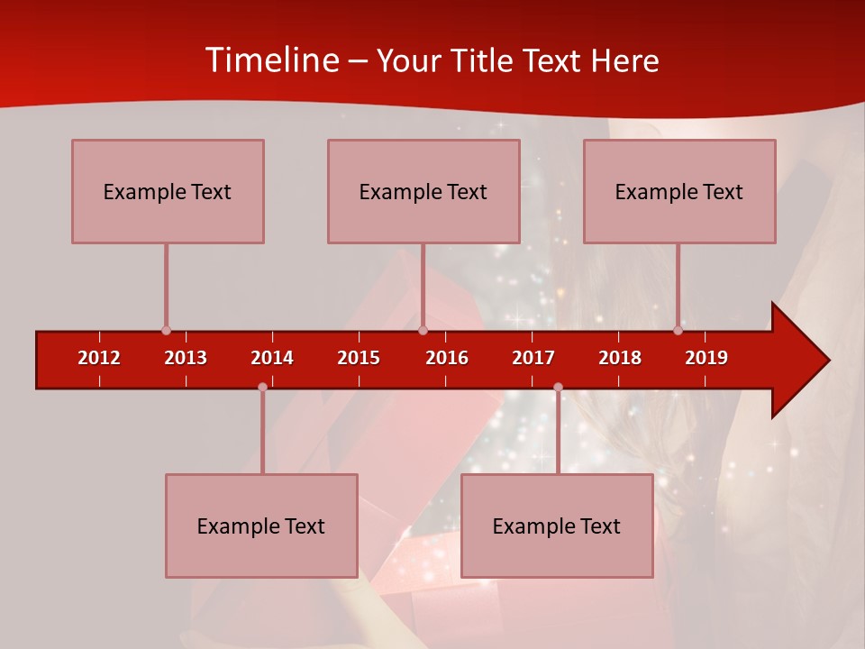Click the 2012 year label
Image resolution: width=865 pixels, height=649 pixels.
click(x=99, y=358)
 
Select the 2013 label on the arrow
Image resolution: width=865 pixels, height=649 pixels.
click(x=186, y=358)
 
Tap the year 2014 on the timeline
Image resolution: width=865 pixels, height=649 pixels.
click(x=272, y=358)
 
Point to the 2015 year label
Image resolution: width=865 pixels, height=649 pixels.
click(x=359, y=358)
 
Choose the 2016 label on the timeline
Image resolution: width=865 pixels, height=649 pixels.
click(x=447, y=358)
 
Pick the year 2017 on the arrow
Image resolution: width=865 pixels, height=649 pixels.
click(x=533, y=358)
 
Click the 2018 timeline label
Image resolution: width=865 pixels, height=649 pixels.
click(x=620, y=358)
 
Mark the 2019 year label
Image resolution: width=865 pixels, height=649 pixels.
click(x=706, y=358)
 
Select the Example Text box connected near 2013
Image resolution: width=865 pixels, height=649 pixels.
click(x=168, y=191)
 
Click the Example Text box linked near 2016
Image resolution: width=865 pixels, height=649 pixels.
click(x=423, y=191)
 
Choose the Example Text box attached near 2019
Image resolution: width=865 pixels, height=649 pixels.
click(x=679, y=191)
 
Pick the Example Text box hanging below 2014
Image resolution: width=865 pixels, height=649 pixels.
click(x=261, y=526)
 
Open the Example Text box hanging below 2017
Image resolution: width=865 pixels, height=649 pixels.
click(x=557, y=526)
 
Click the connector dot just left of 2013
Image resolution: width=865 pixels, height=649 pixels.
click(x=166, y=331)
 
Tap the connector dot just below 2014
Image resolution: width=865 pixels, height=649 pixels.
click(x=262, y=388)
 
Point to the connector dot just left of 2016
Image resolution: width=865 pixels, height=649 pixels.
click(x=423, y=331)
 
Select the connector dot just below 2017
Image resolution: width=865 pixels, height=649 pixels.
click(x=558, y=388)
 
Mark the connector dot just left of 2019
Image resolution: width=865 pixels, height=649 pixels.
click(x=678, y=331)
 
